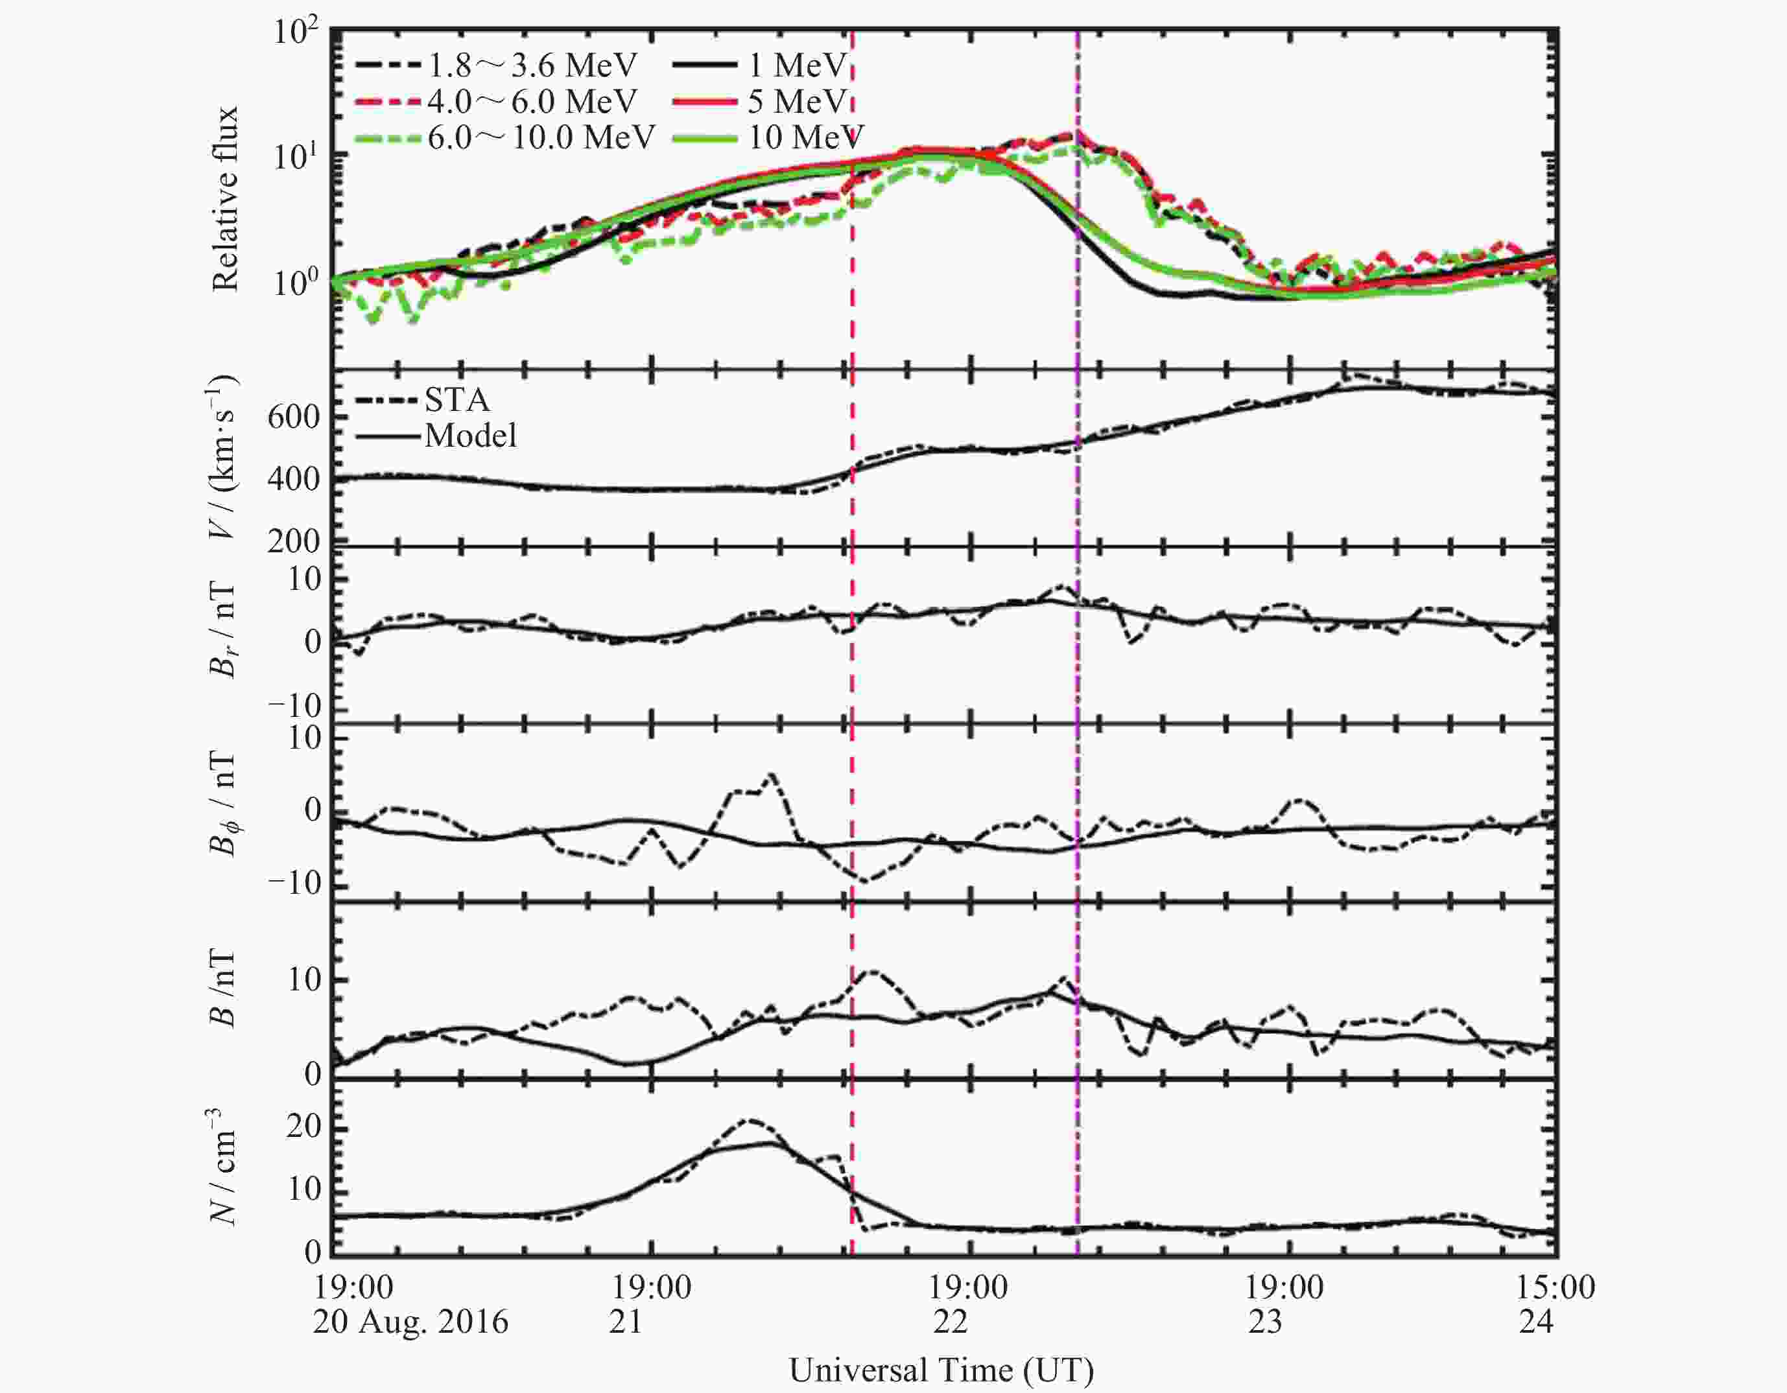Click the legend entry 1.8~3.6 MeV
[x=532, y=65]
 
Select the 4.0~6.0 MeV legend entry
[x=532, y=101]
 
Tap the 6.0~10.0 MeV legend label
[x=541, y=137]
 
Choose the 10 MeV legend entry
[x=806, y=137]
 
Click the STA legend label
[x=456, y=399]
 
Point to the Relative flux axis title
[x=224, y=199]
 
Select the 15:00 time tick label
[x=1556, y=1287]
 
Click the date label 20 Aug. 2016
[x=410, y=1322]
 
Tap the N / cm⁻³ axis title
[x=222, y=1166]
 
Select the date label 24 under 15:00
[x=1536, y=1322]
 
